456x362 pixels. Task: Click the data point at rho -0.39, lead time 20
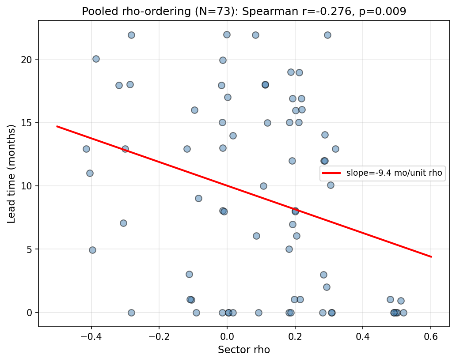(x=96, y=59)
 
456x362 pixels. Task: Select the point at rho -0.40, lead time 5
(x=92, y=250)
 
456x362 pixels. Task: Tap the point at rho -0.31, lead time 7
(x=123, y=223)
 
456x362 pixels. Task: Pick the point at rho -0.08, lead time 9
(x=198, y=198)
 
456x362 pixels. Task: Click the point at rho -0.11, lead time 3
(x=189, y=274)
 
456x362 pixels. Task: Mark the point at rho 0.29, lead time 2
(x=327, y=287)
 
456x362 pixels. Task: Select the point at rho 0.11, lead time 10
(x=263, y=186)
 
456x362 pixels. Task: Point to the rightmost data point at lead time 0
(x=403, y=313)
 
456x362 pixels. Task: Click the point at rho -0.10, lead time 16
(x=194, y=110)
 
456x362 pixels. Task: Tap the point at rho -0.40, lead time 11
(x=90, y=173)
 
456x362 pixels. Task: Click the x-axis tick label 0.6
(x=431, y=336)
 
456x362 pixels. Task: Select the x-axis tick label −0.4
(x=91, y=336)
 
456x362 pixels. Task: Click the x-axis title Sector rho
(x=243, y=350)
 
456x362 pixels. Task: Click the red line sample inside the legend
(x=331, y=173)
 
